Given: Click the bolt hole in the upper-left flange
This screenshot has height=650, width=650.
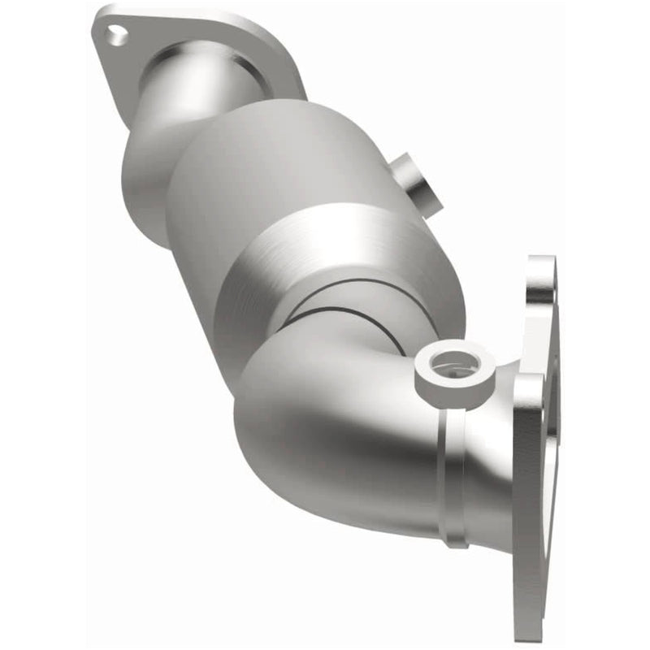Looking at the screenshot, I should click(117, 35).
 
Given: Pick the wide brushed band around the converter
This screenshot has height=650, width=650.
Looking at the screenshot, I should click(349, 252).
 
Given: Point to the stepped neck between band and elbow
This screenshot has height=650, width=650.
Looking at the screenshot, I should click(325, 317).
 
